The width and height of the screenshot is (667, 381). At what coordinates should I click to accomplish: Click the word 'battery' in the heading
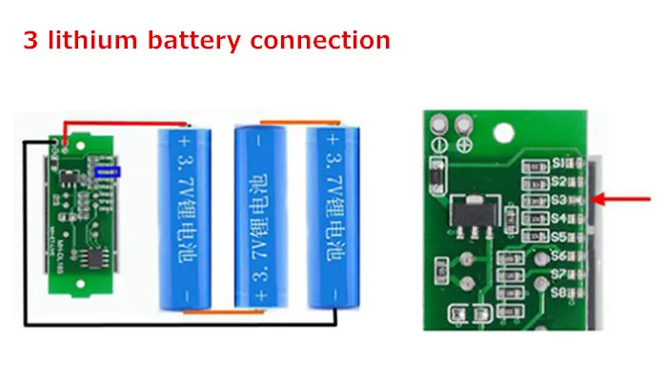click(x=194, y=40)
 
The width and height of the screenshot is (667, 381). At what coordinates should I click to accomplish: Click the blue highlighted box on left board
click(x=110, y=171)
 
